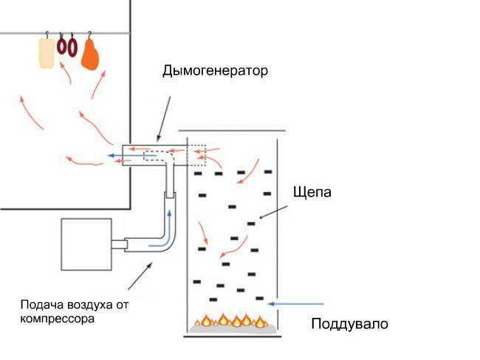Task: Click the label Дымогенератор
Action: click(215, 72)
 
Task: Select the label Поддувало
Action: click(349, 325)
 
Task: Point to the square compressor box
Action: click(86, 244)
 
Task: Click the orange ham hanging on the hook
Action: click(91, 54)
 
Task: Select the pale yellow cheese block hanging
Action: click(47, 53)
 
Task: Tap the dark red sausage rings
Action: click(67, 47)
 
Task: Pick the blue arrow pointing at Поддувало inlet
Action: click(296, 303)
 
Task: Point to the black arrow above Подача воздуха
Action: click(140, 276)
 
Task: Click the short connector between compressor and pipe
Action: click(119, 243)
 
